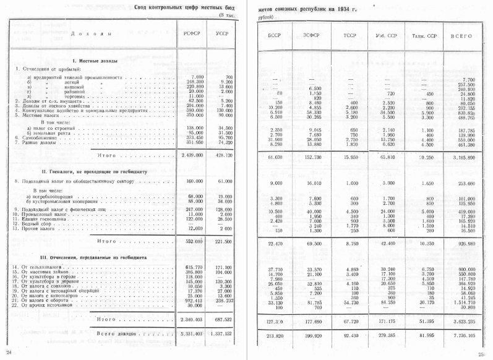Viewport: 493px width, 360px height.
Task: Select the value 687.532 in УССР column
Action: click(220, 320)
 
